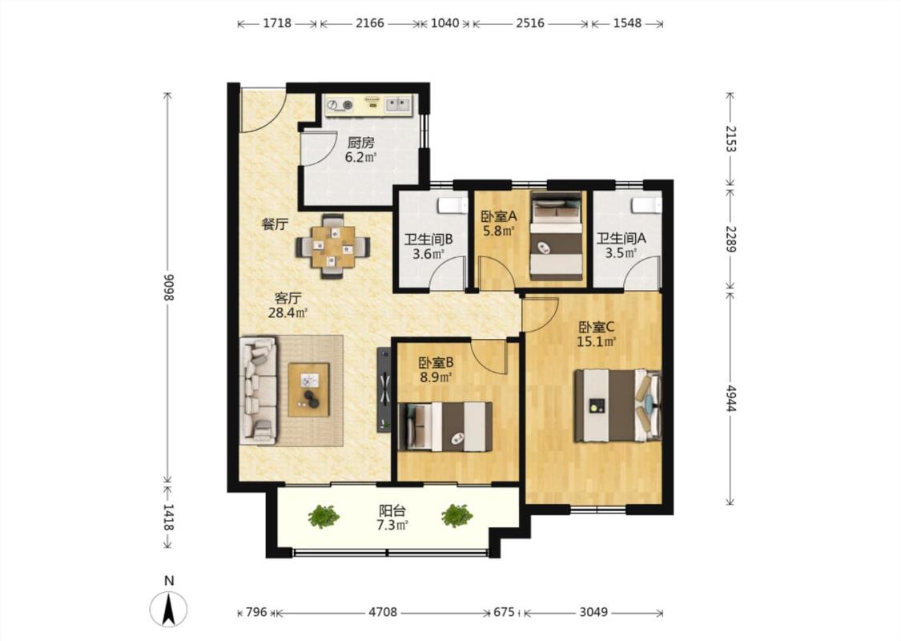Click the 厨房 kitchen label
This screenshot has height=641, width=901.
click(360, 142)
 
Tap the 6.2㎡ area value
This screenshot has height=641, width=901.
click(360, 157)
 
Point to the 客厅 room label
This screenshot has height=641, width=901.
click(288, 298)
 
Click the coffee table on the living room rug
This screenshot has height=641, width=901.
click(308, 389)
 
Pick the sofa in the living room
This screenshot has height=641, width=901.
click(258, 391)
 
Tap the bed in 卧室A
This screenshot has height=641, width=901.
click(556, 236)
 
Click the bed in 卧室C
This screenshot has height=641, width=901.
click(617, 405)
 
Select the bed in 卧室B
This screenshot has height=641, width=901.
click(444, 426)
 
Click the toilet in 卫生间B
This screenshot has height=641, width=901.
click(453, 205)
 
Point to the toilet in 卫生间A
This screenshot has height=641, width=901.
click(646, 205)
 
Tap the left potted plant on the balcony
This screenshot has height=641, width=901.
click(323, 516)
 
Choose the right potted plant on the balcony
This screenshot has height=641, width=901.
click(457, 515)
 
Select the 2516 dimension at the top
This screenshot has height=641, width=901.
click(530, 23)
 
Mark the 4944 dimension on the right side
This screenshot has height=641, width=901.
click(730, 398)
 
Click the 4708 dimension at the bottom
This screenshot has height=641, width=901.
click(383, 612)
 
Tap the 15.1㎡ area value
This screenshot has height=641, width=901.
click(597, 342)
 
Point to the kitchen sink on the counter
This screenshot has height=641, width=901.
click(397, 104)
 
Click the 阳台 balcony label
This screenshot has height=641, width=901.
click(392, 510)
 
